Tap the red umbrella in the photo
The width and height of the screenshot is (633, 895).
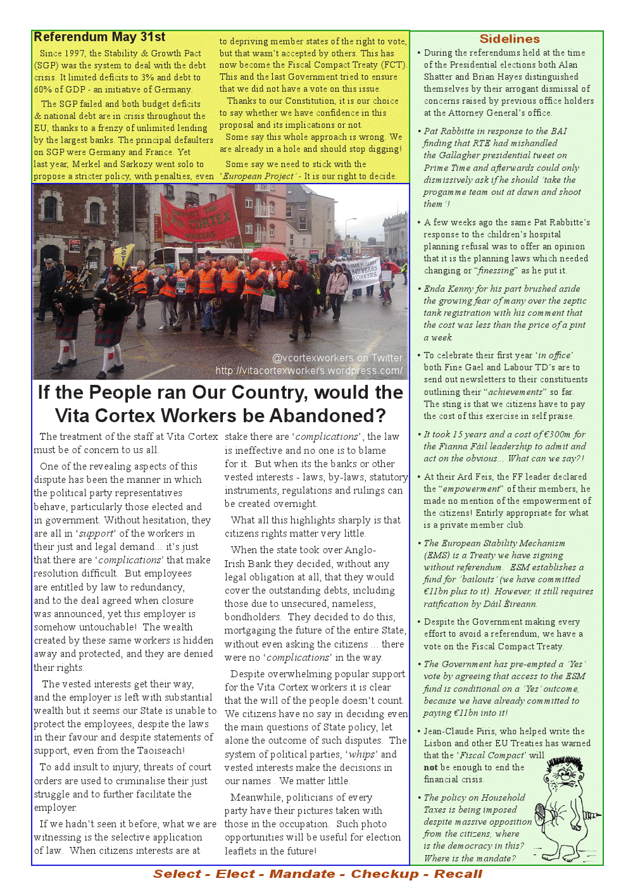[268, 254]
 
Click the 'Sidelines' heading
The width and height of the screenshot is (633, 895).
[510, 39]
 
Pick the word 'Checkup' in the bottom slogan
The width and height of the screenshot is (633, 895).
[385, 874]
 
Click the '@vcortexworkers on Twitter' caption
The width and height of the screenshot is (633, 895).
[337, 358]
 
